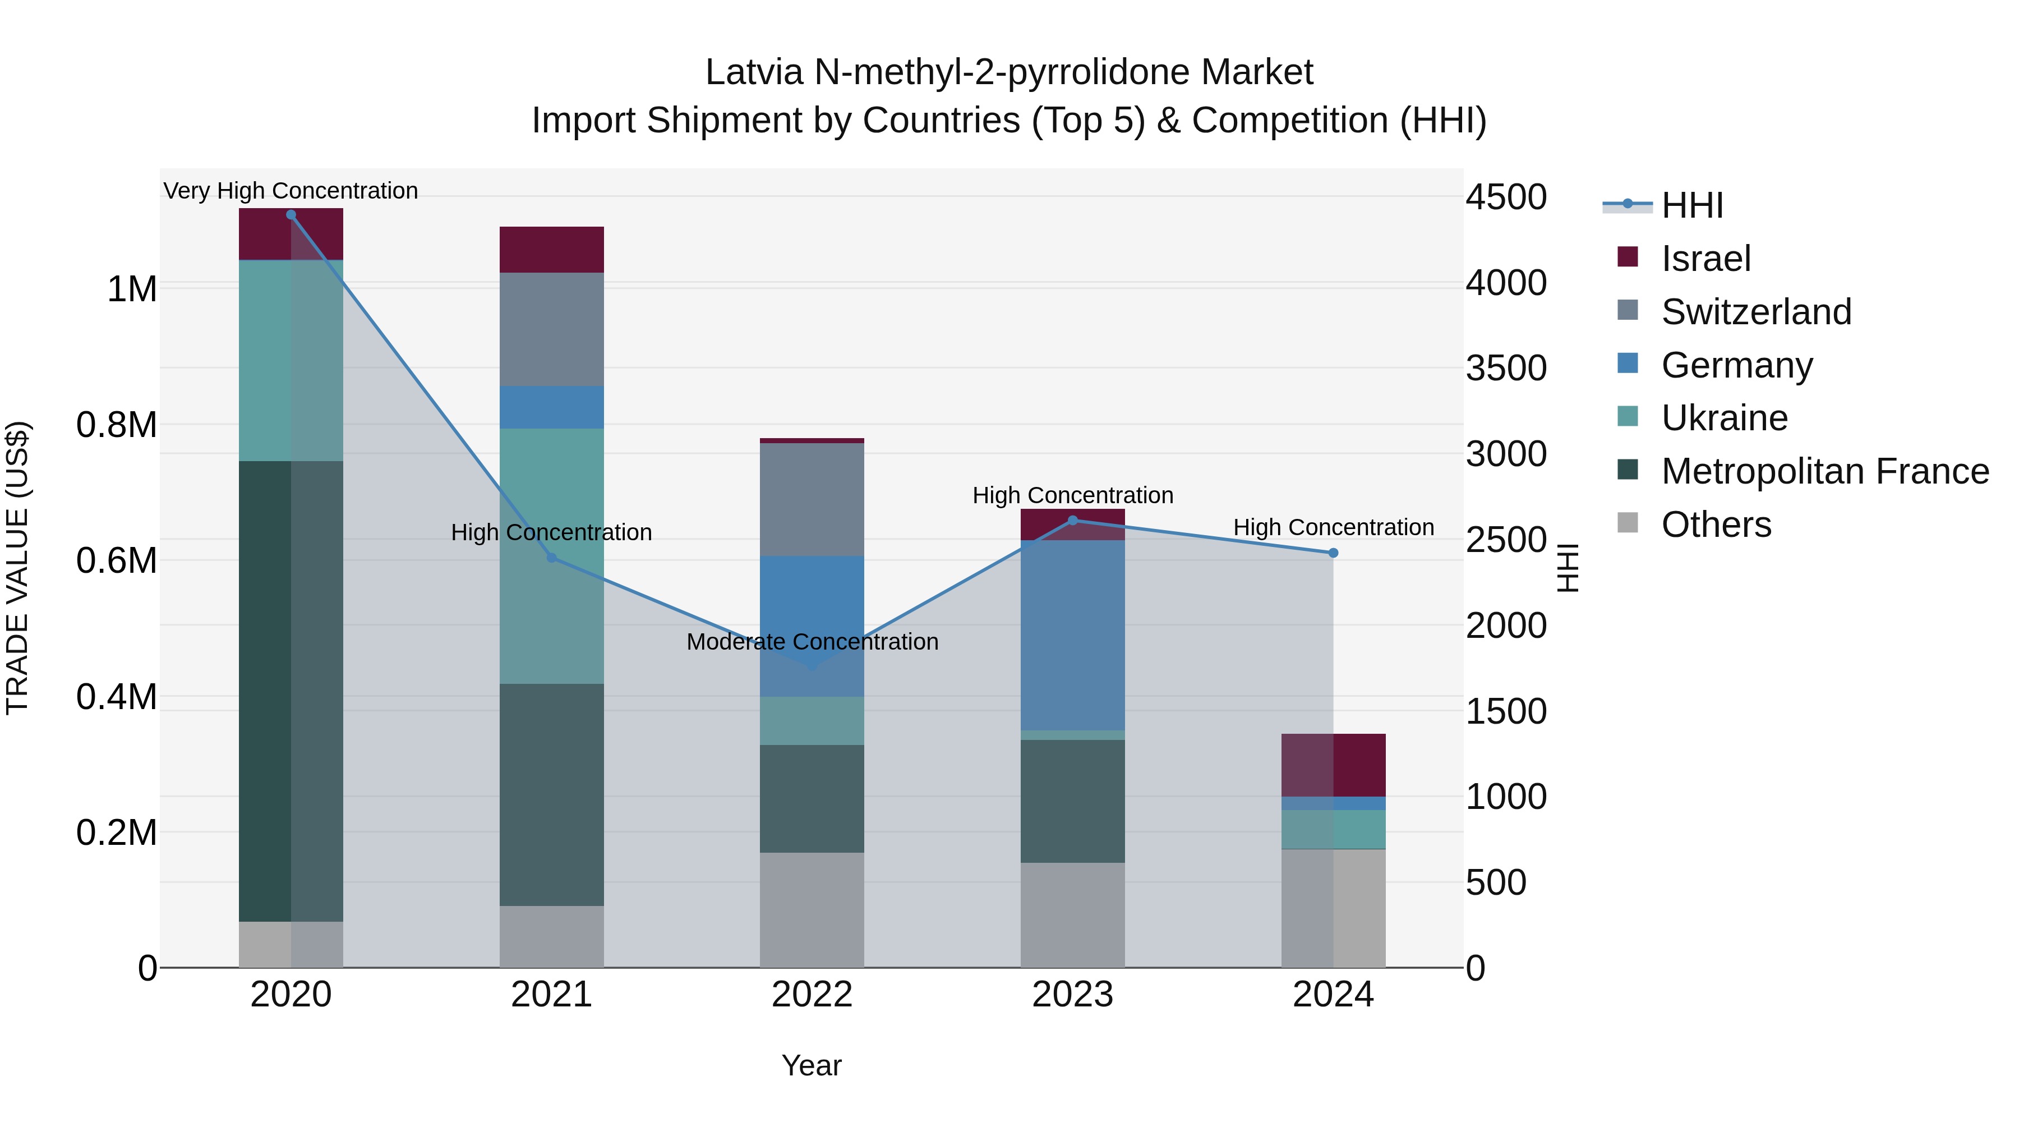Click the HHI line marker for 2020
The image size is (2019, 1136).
tap(291, 215)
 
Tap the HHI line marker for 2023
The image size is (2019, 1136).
tap(1073, 520)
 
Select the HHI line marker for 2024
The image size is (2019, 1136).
tap(1333, 553)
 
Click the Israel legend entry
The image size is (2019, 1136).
tap(1705, 259)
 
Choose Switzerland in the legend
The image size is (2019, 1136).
tap(1755, 312)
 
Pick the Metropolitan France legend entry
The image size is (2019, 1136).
tap(1824, 471)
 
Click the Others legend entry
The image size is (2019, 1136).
tap(1716, 525)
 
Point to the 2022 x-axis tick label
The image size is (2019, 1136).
tap(812, 995)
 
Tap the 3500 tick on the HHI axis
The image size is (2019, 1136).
tap(1506, 369)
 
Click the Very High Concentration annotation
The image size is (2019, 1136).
tap(291, 191)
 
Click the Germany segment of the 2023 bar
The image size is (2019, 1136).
tap(1073, 635)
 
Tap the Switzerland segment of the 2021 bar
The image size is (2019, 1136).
tap(552, 329)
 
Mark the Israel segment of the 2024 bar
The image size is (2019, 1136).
tap(1333, 765)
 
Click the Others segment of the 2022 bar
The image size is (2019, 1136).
tap(812, 909)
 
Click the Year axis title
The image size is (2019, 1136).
tap(811, 1065)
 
